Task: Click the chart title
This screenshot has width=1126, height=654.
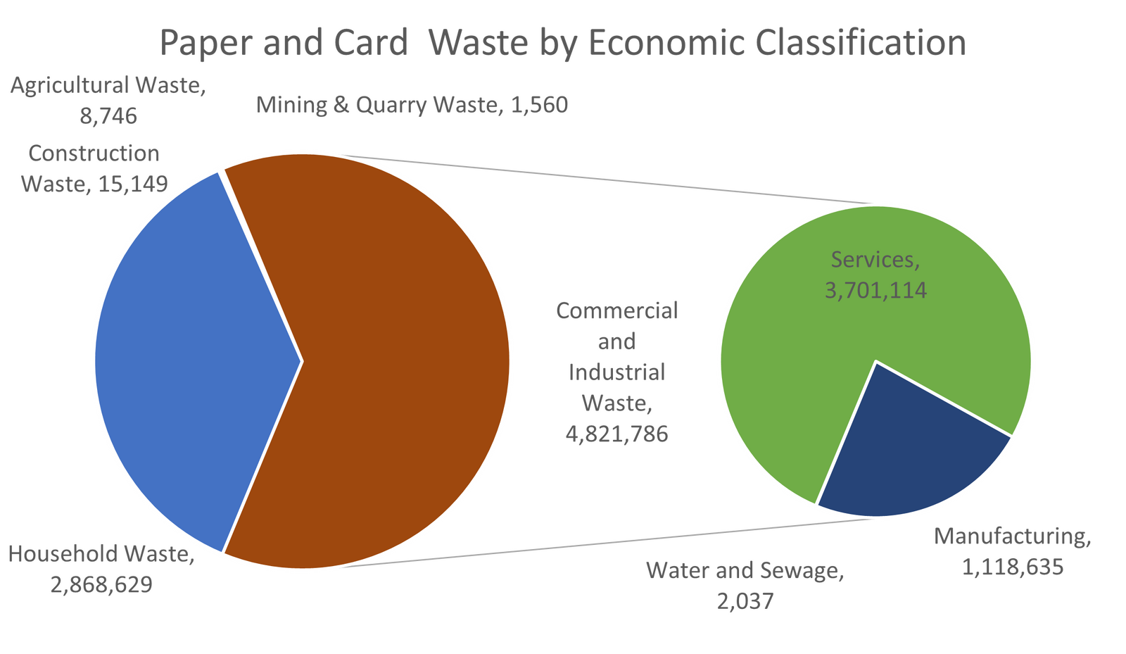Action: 563,44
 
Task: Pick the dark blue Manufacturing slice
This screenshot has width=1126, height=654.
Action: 908,458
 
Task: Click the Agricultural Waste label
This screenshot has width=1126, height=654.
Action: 107,87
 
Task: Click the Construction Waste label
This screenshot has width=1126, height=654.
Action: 94,153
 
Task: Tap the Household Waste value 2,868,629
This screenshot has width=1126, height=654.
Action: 101,584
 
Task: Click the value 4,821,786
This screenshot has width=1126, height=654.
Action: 616,434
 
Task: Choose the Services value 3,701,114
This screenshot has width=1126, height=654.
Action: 875,290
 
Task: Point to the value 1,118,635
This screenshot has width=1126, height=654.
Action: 1013,567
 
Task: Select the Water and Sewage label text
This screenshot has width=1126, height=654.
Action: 745,570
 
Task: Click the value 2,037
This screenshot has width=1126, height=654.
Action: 745,602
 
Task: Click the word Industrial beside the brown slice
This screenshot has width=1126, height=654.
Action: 616,372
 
